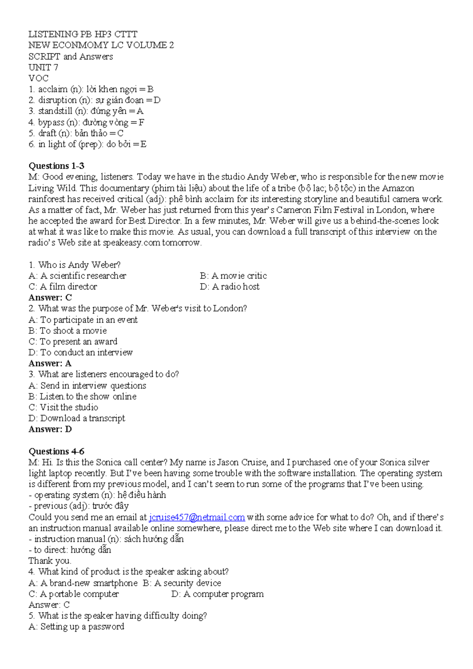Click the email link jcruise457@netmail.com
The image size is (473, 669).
[x=197, y=517]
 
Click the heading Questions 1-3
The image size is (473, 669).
[x=56, y=166]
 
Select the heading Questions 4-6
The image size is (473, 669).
[x=56, y=451]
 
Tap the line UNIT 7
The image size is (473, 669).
[x=43, y=67]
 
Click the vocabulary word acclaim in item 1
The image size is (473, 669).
[x=53, y=89]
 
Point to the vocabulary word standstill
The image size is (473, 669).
[x=55, y=111]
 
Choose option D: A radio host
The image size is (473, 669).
[x=230, y=287]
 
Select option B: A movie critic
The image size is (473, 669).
[x=233, y=276]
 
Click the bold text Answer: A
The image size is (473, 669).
[x=50, y=363]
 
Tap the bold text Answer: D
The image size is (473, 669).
[x=50, y=429]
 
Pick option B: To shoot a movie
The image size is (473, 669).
[x=67, y=331]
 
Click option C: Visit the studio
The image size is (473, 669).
[x=63, y=407]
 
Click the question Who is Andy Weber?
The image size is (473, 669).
[x=74, y=265]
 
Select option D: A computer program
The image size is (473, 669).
[x=218, y=594]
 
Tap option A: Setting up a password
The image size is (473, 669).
[x=76, y=627]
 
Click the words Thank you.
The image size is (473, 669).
[x=50, y=561]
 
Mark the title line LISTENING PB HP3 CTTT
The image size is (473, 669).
[x=83, y=34]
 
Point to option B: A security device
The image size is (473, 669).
[x=182, y=583]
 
